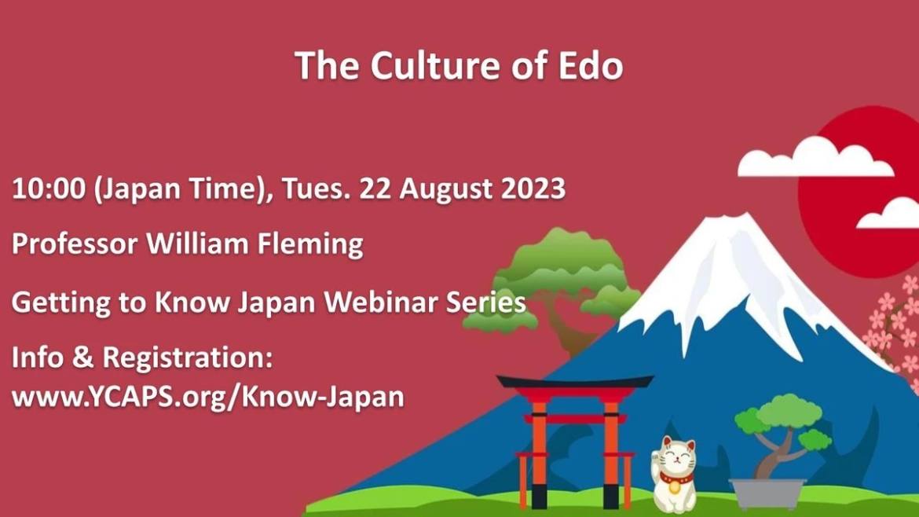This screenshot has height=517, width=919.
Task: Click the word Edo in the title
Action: (x=590, y=65)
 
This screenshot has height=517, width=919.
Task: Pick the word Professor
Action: (x=75, y=244)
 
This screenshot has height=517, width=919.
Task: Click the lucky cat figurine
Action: (x=675, y=475)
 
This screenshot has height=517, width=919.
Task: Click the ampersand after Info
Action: (x=82, y=357)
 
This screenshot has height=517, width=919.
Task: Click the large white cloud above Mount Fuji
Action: (x=815, y=157)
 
